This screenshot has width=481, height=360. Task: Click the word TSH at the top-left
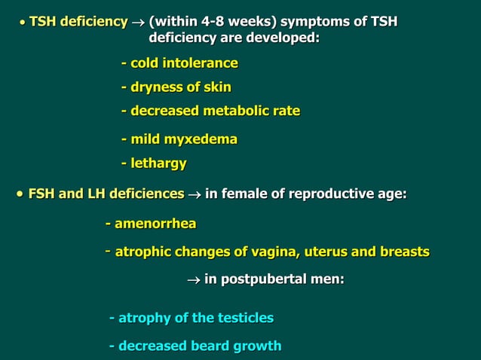click(44, 21)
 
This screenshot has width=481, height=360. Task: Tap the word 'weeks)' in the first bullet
click(252, 21)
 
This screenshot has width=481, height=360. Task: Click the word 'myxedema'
click(203, 139)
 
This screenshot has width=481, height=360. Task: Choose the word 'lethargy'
click(158, 163)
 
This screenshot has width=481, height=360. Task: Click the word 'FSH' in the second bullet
click(42, 194)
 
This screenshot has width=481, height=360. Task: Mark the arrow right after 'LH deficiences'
click(195, 195)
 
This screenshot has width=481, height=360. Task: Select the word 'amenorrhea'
click(155, 224)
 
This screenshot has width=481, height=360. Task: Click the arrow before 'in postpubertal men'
click(193, 280)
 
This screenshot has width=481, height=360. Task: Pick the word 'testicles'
click(240, 318)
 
